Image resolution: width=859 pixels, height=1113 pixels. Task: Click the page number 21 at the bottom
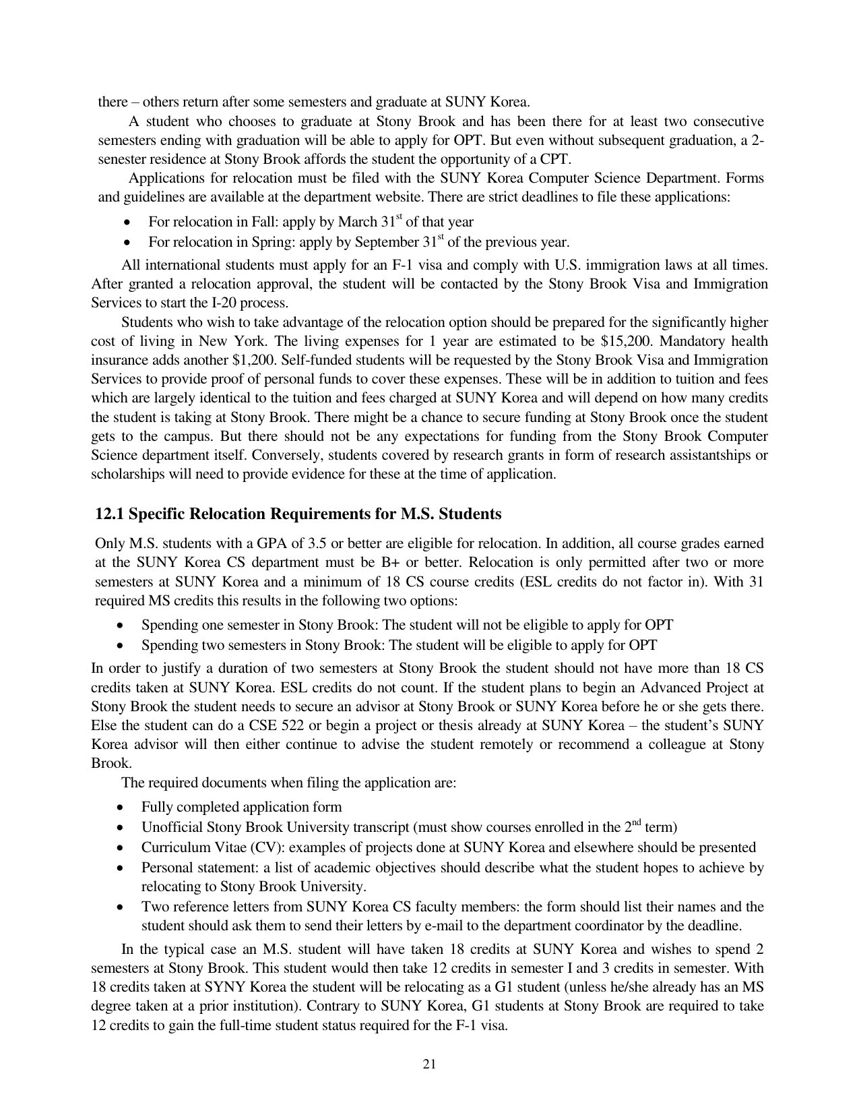click(430, 1064)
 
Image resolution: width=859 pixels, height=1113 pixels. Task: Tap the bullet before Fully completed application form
click(120, 808)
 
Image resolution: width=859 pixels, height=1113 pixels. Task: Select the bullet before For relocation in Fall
click(127, 222)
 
